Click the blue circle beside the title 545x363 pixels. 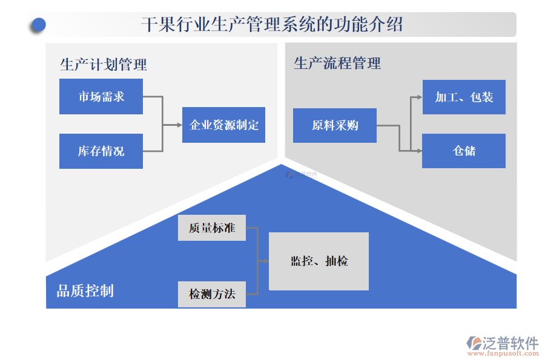click(39, 24)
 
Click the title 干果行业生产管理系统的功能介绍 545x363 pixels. click(272, 25)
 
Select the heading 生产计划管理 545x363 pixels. click(104, 64)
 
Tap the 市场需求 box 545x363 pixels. click(101, 96)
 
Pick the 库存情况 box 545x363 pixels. click(101, 151)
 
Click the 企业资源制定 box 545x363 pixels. click(223, 125)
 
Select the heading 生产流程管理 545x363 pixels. click(337, 63)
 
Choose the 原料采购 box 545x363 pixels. click(335, 126)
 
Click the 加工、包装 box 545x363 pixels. click(464, 97)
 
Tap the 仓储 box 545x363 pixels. click(464, 151)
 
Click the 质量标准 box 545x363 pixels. click(212, 228)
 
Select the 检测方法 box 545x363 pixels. click(212, 295)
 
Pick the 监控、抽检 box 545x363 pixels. click(319, 261)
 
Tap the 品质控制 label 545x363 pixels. click(85, 291)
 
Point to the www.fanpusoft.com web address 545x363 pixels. click(502, 355)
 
